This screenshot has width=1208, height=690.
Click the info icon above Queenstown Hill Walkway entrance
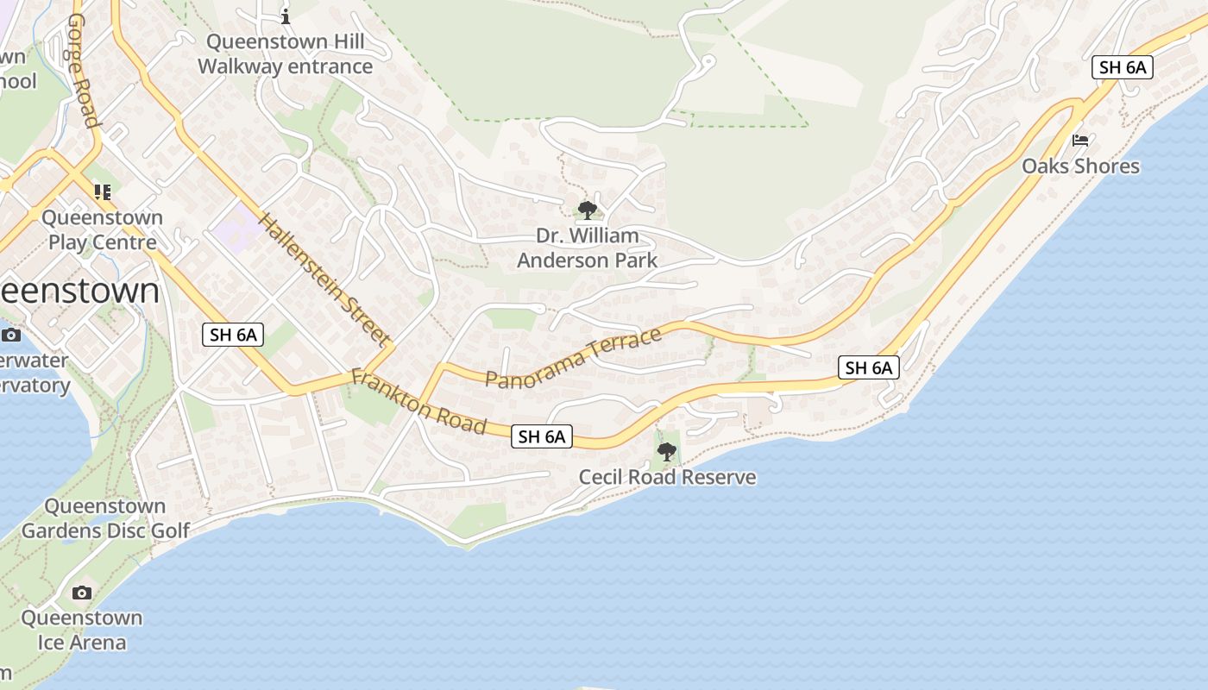(286, 16)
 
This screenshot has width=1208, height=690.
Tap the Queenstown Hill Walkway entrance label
(286, 53)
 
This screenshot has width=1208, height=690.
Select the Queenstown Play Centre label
(102, 229)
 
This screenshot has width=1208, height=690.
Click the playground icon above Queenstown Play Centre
(103, 192)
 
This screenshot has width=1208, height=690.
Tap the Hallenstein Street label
(324, 280)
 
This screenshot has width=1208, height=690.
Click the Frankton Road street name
(418, 402)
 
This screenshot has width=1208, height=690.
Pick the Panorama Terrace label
(573, 358)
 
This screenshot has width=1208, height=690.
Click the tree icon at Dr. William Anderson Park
(587, 210)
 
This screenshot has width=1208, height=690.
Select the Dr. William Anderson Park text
(587, 248)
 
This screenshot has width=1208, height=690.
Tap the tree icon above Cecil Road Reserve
(666, 451)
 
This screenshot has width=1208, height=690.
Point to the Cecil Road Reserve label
(667, 477)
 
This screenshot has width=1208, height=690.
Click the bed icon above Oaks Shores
(1079, 141)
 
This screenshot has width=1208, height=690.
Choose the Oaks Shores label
(1080, 166)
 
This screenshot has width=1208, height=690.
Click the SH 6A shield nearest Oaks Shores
(1122, 67)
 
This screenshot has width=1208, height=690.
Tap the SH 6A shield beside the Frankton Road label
(542, 436)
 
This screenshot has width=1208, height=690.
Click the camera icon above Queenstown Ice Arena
(82, 593)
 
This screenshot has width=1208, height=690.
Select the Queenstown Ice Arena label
(82, 630)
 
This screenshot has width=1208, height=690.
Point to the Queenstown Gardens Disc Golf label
(105, 518)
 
